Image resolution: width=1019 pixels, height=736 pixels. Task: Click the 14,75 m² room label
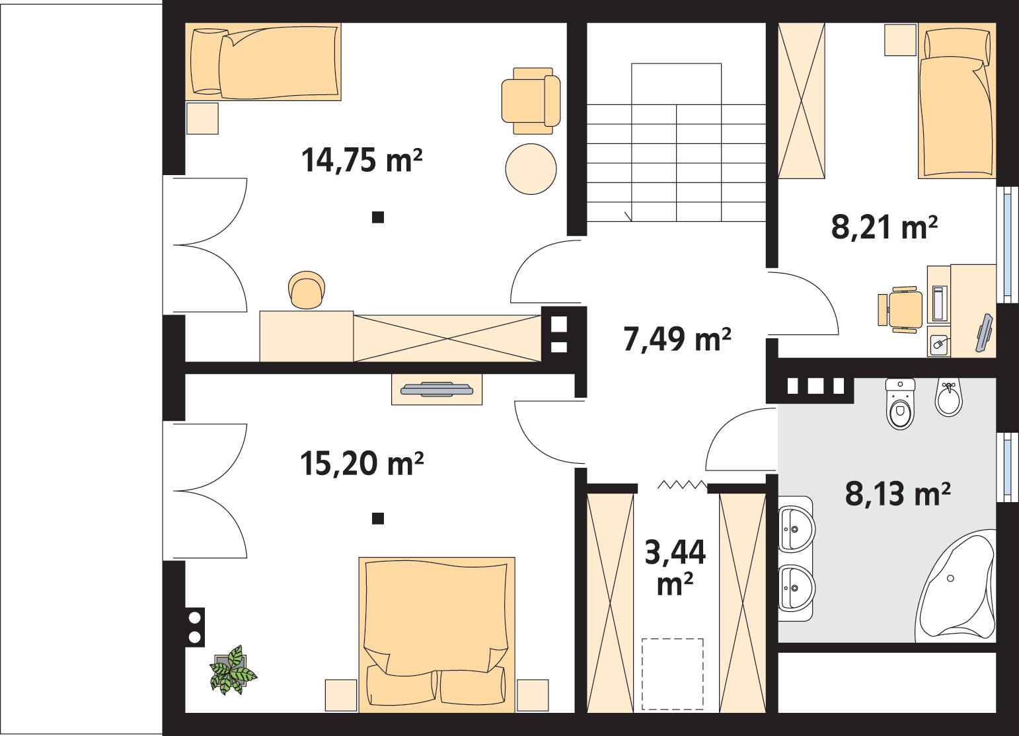pos(361,160)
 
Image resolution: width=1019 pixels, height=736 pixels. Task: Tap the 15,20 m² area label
pos(361,464)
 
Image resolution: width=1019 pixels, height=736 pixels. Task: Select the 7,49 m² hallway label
pos(677,340)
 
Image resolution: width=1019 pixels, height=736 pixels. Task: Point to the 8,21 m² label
pos(884,227)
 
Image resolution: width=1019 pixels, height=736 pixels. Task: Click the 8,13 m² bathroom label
pos(898,494)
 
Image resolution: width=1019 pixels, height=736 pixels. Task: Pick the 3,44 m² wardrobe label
pos(675,568)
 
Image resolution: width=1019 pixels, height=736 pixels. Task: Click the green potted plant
pos(233,670)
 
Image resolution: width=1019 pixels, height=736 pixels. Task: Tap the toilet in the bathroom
pos(900,404)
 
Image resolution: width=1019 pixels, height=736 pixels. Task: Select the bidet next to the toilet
pos(949,397)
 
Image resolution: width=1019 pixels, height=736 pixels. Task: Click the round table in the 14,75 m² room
pos(531,169)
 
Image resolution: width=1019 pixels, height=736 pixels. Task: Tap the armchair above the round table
pos(531,101)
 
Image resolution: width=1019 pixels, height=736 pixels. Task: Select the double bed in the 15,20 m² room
pos(437,635)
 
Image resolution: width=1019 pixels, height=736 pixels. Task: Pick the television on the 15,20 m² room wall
pos(437,389)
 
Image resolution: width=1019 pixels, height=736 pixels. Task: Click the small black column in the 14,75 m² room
pos(378,217)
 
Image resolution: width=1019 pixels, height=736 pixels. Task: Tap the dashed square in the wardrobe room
pos(673,674)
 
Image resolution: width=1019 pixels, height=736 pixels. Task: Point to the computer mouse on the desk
pos(938,344)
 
